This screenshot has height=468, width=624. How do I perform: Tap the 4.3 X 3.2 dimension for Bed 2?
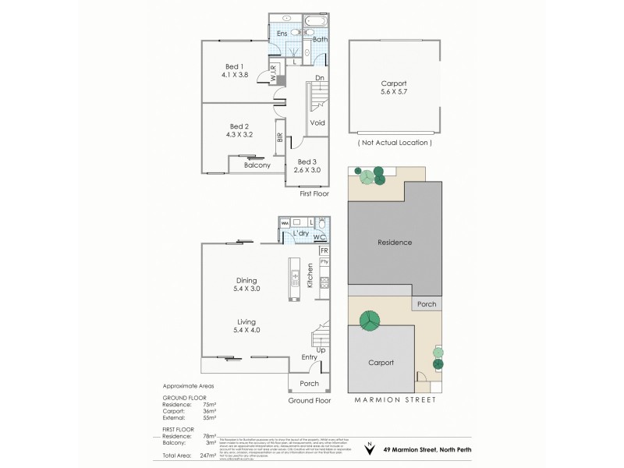[239, 135]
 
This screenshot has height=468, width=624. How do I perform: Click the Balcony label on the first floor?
[257, 165]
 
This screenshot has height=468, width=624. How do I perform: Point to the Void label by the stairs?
[317, 123]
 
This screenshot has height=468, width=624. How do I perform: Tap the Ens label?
[282, 34]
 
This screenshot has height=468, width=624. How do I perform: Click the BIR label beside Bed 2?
[279, 138]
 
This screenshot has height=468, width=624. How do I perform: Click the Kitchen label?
[310, 276]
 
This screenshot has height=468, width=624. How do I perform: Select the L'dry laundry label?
[301, 234]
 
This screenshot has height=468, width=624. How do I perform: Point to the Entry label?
[310, 357]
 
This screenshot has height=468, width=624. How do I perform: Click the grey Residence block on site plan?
[394, 243]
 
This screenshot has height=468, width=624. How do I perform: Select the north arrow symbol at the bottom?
[369, 448]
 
